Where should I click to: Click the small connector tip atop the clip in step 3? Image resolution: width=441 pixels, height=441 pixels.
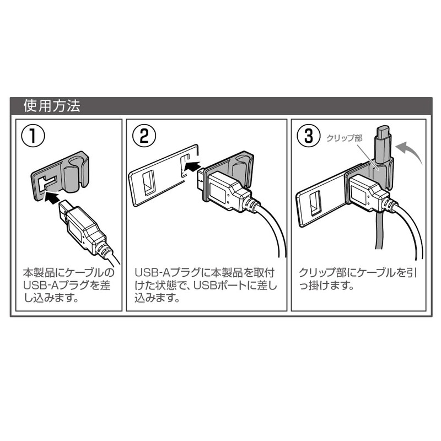pyautogui.click(x=383, y=135)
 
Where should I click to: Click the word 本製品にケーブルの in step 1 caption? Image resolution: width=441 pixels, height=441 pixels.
pyautogui.click(x=69, y=273)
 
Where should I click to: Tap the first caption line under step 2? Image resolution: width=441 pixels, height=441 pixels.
pyautogui.click(x=204, y=273)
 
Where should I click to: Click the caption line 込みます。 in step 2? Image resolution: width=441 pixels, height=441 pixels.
pyautogui.click(x=157, y=299)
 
